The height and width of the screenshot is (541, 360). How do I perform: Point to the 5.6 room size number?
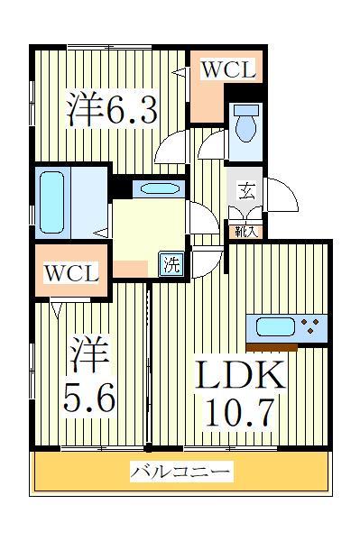89,398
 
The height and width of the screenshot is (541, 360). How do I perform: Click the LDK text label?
238,375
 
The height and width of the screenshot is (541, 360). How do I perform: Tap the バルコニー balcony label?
180,471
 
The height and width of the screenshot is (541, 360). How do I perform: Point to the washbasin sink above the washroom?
159,189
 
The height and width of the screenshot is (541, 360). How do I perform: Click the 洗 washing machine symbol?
171,265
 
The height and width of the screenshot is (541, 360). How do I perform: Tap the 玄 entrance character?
245,190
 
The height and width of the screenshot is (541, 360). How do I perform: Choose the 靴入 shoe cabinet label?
245,231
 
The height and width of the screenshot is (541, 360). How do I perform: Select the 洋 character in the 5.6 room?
89,356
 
